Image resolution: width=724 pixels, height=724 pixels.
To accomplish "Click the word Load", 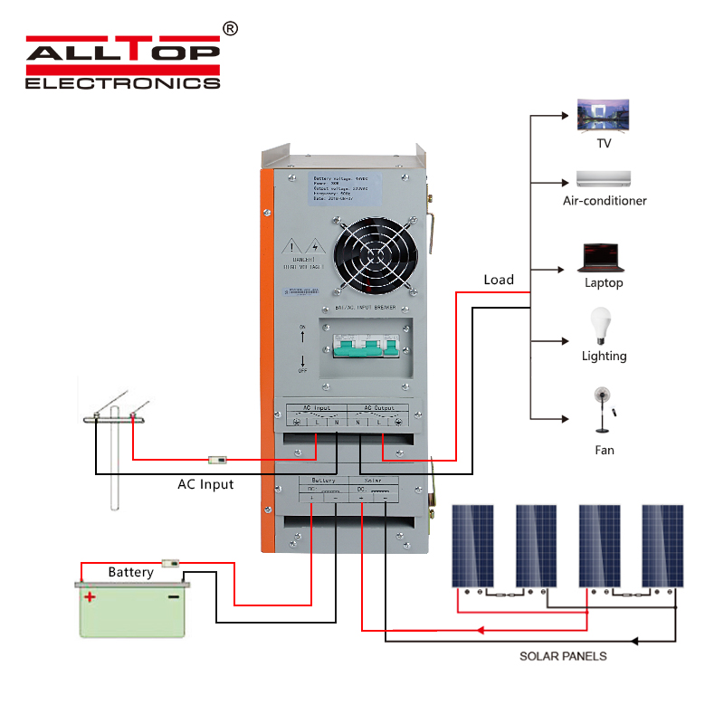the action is tap(499, 280).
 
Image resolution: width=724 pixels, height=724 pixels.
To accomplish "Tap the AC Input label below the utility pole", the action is tap(205, 484).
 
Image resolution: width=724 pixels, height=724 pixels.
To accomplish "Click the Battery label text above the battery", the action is tap(130, 572).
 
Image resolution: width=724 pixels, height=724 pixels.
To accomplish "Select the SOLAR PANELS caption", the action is tap(563, 655).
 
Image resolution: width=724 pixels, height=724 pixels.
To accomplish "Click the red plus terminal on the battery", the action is tap(90, 597).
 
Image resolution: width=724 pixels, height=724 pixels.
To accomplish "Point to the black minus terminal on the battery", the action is tap(173, 597).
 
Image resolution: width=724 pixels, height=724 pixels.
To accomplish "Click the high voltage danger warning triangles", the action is tap(303, 245).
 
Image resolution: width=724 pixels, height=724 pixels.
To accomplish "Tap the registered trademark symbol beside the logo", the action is tap(230, 29).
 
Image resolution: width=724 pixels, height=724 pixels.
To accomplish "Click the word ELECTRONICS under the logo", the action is tap(122, 82).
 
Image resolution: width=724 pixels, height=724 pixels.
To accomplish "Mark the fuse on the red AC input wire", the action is tap(217, 460).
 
